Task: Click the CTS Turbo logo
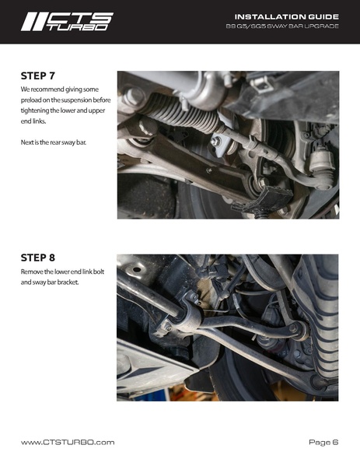pyautogui.click(x=67, y=22)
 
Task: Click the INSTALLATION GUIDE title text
pyautogui.click(x=287, y=16)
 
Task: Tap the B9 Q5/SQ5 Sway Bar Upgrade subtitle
pyautogui.click(x=282, y=26)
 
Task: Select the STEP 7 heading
pyautogui.click(x=38, y=75)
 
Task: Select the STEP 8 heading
pyautogui.click(x=38, y=258)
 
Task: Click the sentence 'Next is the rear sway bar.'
pyautogui.click(x=54, y=142)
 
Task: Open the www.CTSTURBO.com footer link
pyautogui.click(x=68, y=443)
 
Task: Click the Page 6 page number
pyautogui.click(x=323, y=443)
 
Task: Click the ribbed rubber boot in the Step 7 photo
pyautogui.click(x=181, y=114)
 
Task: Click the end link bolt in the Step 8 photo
pyautogui.click(x=294, y=328)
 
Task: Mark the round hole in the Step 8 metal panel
pyautogui.click(x=137, y=270)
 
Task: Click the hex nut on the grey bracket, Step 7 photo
pyautogui.click(x=215, y=141)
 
